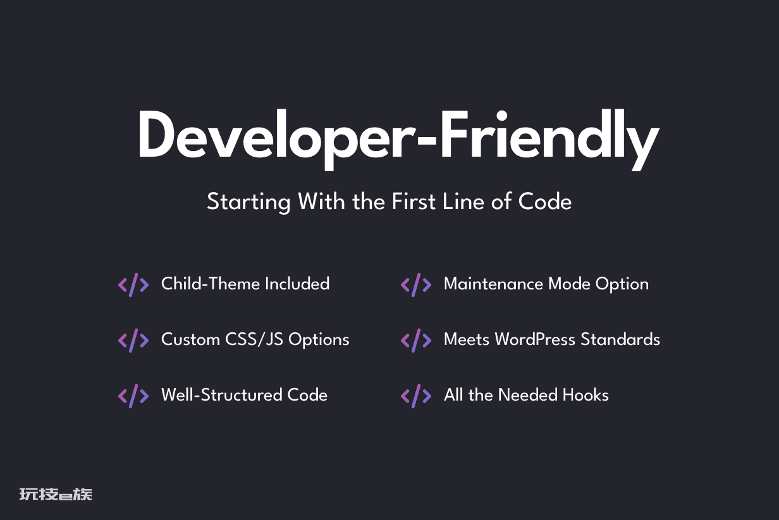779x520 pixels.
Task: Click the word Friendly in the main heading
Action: tap(550, 140)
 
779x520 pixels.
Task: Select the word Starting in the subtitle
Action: tap(248, 202)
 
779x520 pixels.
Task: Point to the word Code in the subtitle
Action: tap(544, 202)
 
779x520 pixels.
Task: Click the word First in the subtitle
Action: tap(414, 202)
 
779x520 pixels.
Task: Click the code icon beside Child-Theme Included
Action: tap(133, 285)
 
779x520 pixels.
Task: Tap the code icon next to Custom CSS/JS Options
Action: tap(133, 341)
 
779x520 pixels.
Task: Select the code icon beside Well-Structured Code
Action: tap(133, 396)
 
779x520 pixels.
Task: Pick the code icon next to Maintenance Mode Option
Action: tap(416, 285)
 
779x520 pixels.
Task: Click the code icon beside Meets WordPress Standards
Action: tap(416, 341)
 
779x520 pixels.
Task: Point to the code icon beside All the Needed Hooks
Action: tap(416, 396)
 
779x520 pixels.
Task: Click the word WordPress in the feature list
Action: tap(535, 339)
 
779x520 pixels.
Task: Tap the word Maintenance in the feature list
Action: tap(493, 284)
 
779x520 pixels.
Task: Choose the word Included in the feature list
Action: tap(297, 284)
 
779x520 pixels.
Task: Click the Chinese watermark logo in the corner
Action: tap(56, 494)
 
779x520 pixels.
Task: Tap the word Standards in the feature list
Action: tap(620, 339)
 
